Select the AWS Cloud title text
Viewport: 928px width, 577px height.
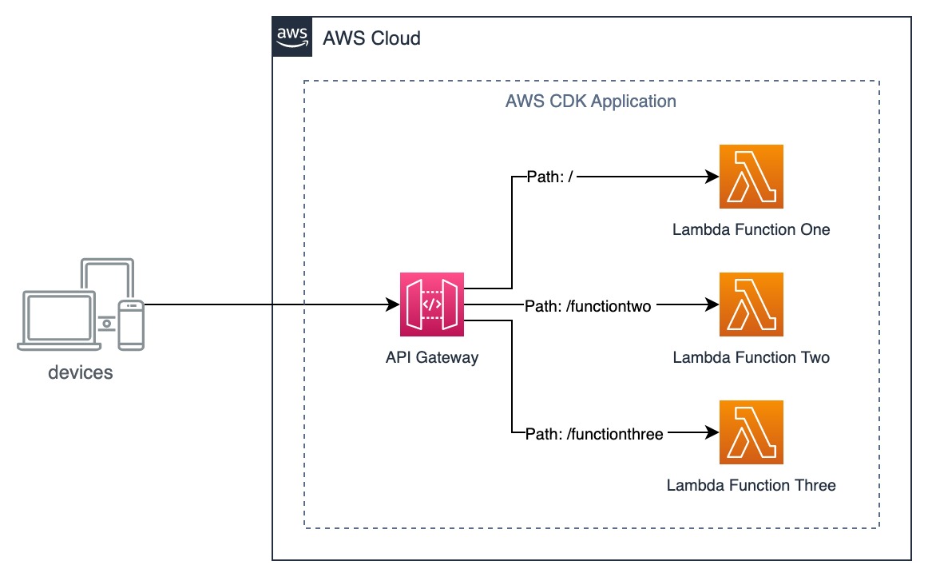coord(371,38)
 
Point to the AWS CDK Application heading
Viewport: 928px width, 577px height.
coord(591,101)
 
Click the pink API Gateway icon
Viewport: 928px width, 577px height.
coord(431,304)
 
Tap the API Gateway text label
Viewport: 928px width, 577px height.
coord(431,357)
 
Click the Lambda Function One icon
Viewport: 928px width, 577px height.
coord(751,177)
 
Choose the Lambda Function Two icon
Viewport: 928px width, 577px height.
coord(751,304)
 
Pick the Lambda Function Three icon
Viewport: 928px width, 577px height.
coord(751,432)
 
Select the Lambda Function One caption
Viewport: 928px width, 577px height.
coord(751,230)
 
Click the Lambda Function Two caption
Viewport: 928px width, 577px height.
coord(751,357)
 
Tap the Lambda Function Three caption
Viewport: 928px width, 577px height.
coord(751,485)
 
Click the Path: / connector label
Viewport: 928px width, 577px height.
coord(551,177)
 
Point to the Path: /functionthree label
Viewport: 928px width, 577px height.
coord(595,434)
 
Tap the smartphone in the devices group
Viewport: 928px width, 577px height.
coord(130,324)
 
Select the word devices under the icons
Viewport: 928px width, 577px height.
coord(81,372)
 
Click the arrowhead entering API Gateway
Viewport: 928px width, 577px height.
coord(392,304)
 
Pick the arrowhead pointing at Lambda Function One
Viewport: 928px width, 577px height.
coord(712,177)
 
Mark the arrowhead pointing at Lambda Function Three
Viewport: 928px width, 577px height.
coord(712,433)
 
